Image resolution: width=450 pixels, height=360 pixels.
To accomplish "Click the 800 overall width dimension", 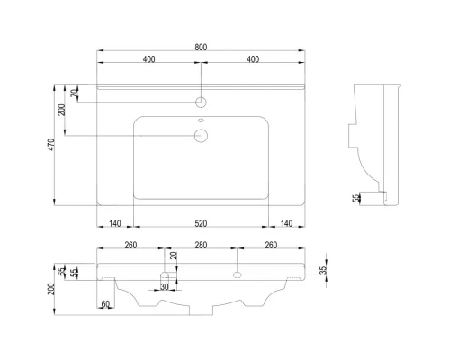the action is pos(201,48).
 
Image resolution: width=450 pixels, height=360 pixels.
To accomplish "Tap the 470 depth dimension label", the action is pos(51,145).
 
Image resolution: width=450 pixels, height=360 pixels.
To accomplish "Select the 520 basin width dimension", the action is pos(201,223).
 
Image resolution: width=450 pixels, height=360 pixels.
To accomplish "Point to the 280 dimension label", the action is pos(201,245).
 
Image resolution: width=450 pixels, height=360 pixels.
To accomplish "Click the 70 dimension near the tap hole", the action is pos(74,93).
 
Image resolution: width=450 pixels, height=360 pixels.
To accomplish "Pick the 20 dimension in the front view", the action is pos(174,256).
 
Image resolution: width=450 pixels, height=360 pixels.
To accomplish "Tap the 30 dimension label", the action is pos(165,287).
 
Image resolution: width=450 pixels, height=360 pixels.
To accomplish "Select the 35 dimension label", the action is pos(323,270).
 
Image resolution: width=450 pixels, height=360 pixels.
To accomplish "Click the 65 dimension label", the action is pos(62,272).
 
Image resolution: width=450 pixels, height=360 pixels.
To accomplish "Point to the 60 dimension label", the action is pos(105,304).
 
